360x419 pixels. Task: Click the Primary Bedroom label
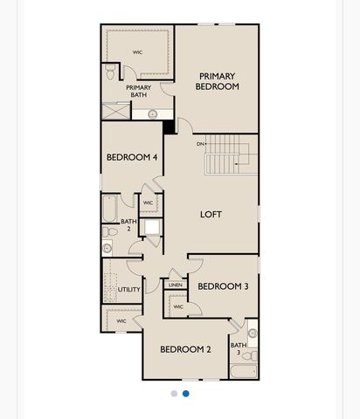218,81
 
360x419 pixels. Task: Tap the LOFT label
211,215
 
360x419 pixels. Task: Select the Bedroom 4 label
132,157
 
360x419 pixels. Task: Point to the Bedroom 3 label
223,286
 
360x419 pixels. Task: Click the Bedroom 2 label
185,349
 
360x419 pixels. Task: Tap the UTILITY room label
128,290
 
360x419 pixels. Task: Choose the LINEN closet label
176,285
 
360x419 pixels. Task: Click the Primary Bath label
139,91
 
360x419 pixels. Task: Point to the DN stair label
200,144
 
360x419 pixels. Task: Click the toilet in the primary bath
110,72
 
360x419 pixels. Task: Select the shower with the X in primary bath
116,111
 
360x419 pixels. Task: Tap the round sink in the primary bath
153,114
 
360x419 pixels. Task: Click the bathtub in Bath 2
109,209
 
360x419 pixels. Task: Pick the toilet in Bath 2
109,232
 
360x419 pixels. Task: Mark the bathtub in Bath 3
244,371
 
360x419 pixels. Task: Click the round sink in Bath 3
253,333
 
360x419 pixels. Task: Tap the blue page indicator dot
186,394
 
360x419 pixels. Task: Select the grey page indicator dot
174,394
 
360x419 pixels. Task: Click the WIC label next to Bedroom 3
178,306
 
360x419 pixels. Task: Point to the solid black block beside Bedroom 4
169,127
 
